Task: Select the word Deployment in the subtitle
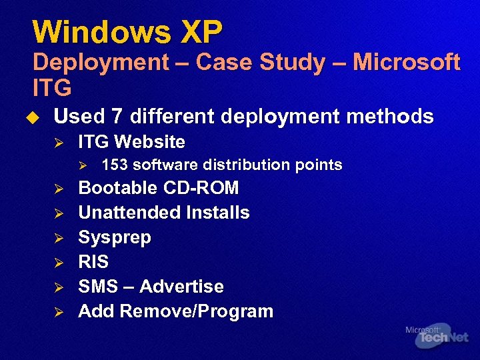click(x=101, y=63)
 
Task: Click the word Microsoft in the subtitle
click(x=407, y=63)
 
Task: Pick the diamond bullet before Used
click(x=37, y=117)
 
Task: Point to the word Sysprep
click(x=115, y=238)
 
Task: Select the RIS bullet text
click(x=93, y=262)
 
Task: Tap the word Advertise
click(x=181, y=287)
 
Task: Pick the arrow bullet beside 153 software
click(x=83, y=165)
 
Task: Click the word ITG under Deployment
click(x=51, y=87)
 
